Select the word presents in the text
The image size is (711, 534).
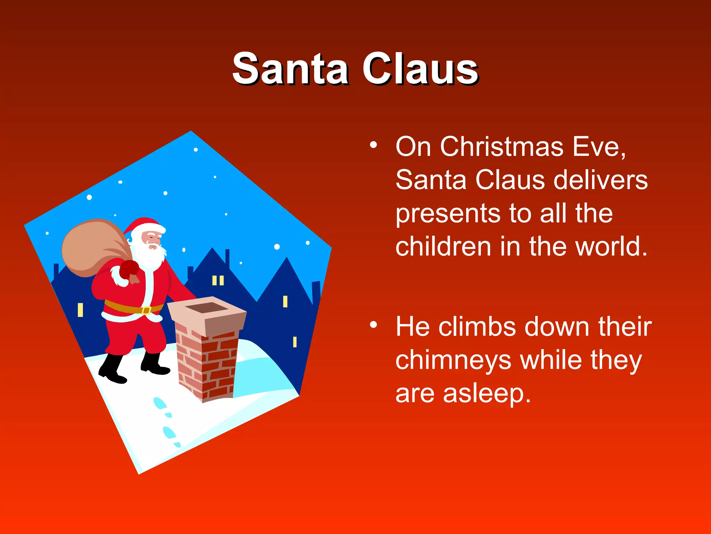pos(448,214)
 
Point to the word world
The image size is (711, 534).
pos(611,246)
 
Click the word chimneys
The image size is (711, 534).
pos(453,361)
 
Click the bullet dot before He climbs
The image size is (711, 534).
pos(373,325)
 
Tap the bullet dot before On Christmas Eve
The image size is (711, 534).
pos(373,145)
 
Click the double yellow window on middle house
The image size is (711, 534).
pos(218,280)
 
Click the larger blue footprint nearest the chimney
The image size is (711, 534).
pos(160,404)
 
